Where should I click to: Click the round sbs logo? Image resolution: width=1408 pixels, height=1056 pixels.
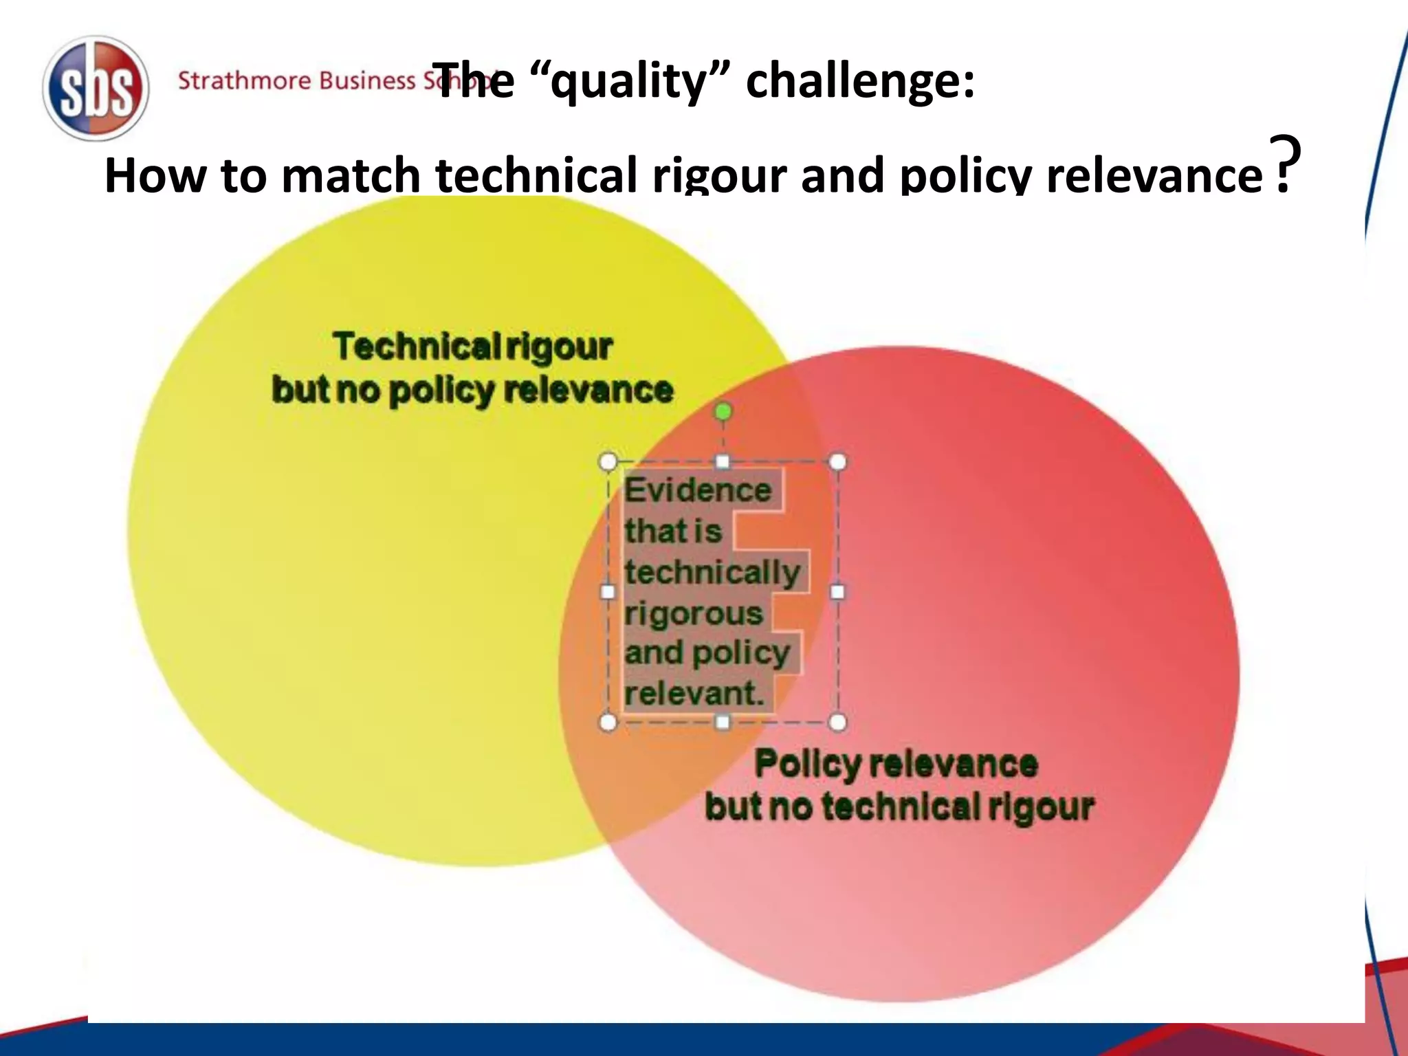96,88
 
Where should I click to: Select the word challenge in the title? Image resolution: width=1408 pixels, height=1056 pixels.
859,82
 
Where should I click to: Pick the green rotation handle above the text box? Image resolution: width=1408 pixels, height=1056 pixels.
723,412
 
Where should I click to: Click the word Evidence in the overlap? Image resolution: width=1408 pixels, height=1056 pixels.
698,490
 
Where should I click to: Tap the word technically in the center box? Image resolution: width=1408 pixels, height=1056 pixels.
712,572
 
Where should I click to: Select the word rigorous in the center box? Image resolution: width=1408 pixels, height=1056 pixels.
694,613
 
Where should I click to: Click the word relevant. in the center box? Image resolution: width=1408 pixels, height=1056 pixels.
694,693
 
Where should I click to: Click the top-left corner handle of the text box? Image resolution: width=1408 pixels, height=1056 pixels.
608,462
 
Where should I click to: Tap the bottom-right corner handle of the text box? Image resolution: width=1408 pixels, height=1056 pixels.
837,722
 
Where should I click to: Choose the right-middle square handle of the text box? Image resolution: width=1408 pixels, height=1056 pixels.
837,592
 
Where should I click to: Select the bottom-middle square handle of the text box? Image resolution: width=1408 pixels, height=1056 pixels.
723,722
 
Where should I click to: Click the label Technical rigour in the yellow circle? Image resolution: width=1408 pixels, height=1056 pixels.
472,346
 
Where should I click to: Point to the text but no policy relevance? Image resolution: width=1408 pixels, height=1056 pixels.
472,390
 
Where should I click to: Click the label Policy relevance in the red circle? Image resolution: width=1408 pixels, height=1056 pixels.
896,764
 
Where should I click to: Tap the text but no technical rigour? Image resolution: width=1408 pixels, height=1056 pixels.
899,806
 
